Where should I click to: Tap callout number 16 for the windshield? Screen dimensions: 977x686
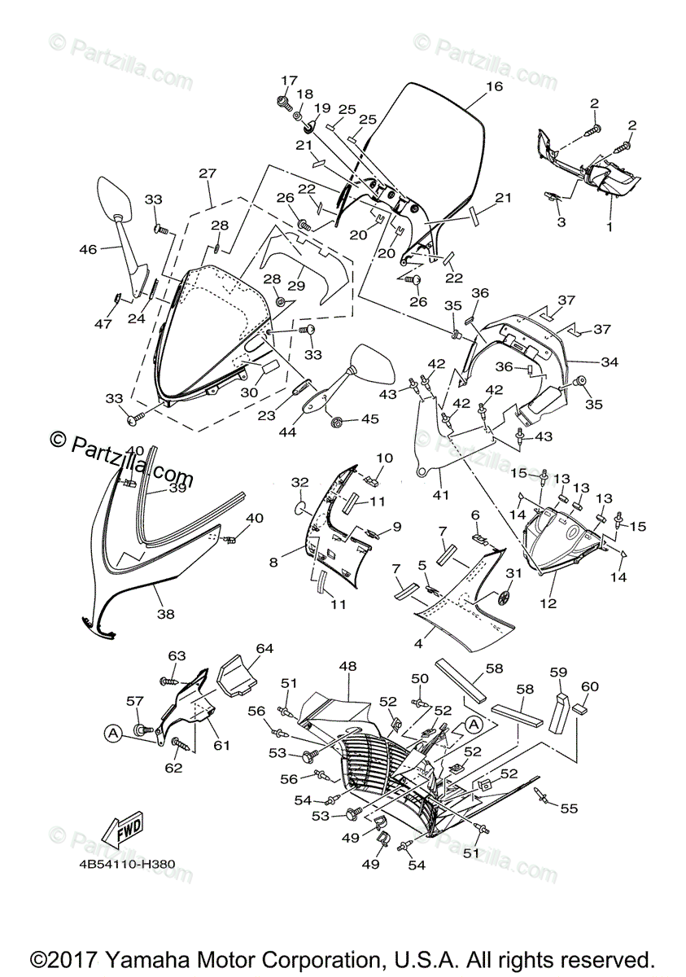click(494, 85)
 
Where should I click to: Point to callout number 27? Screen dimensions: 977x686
click(208, 173)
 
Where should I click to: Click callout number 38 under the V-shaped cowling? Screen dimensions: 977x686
click(165, 615)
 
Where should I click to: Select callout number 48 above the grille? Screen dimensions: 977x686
click(347, 666)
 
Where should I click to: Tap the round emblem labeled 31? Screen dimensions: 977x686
click(503, 598)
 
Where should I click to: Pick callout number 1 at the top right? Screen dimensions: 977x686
click(609, 228)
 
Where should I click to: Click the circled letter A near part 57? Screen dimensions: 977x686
click(112, 733)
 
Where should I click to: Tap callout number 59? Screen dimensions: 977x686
click(557, 673)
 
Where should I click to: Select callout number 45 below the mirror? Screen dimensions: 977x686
click(370, 418)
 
